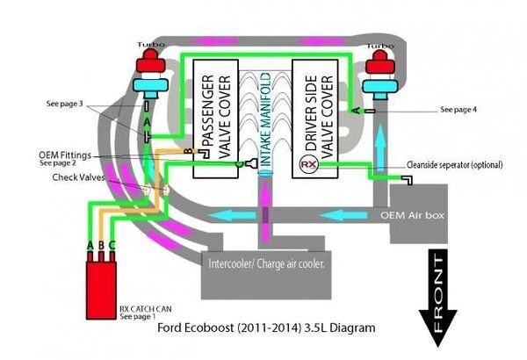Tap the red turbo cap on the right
pos(380,60)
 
